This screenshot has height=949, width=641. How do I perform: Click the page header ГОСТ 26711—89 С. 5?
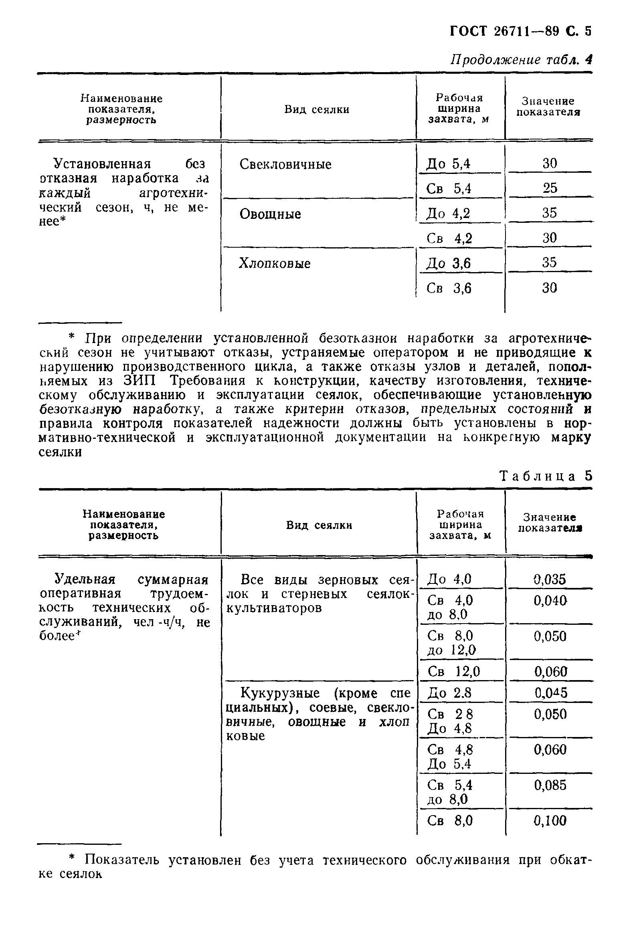[x=520, y=31]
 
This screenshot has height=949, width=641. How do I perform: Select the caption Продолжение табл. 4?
[x=521, y=60]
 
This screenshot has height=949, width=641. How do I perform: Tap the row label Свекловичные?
[x=285, y=165]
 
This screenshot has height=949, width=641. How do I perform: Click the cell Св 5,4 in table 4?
[x=449, y=188]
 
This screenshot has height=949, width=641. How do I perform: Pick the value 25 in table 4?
[x=550, y=188]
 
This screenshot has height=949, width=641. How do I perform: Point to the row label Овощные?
[x=270, y=214]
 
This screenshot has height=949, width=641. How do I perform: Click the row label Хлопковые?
[x=275, y=263]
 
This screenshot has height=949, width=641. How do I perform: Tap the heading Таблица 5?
[x=546, y=476]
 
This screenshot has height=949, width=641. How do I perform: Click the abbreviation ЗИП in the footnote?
[x=140, y=381]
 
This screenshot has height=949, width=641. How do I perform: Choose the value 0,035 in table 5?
[x=550, y=579]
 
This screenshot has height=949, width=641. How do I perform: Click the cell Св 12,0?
[x=453, y=671]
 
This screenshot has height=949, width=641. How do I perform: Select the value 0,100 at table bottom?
[x=550, y=821]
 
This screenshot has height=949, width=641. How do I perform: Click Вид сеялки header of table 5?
[x=319, y=525]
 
